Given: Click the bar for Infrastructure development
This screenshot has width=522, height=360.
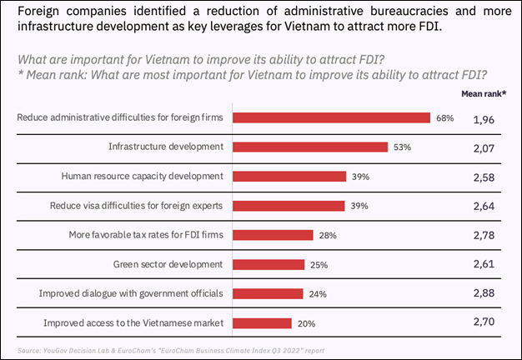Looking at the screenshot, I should point(310,147).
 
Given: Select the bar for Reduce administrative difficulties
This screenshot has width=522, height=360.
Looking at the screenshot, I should point(331,117).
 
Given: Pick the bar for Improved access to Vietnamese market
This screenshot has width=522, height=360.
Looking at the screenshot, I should point(262,323).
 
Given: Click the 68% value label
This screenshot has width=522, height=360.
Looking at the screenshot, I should point(444,117).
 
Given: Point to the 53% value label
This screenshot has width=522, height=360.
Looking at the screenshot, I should point(402,147).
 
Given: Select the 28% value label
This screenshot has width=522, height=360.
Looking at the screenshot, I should point(327,236).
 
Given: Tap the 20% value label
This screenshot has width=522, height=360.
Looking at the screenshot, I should point(305,323).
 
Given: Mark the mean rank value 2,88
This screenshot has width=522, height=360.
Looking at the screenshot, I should point(485,295).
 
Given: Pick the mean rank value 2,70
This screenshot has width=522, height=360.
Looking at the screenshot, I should point(485,324).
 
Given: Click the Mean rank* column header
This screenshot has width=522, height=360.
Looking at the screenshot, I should point(484,93).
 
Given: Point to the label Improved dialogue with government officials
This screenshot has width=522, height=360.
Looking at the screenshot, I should point(132,294).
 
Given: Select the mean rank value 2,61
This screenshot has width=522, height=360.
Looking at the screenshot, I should point(485,266).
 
